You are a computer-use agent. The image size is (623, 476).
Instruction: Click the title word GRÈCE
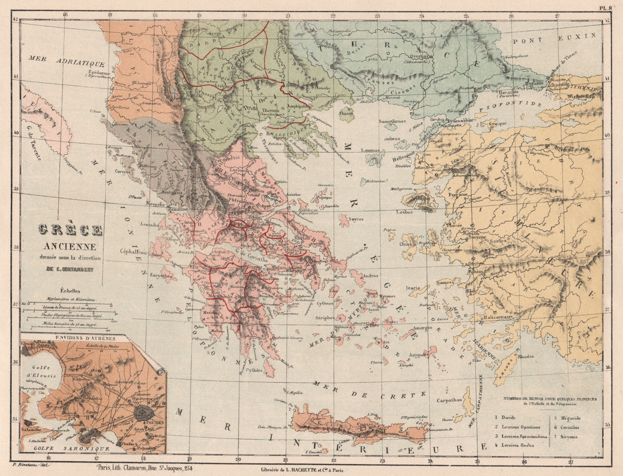tap(70, 231)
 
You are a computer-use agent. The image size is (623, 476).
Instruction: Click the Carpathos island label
tap(449, 400)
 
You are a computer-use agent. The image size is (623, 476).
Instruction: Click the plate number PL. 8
tap(605, 7)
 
